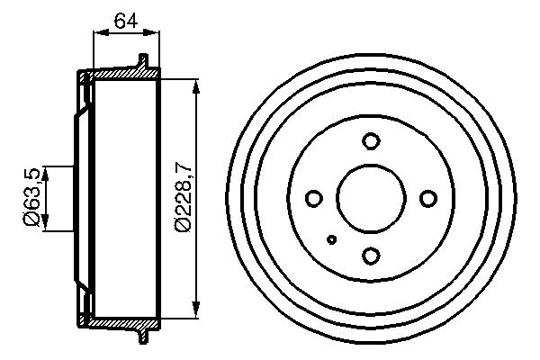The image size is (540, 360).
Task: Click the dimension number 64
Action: pos(126,21)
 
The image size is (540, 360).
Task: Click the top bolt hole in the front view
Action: pos(371,141)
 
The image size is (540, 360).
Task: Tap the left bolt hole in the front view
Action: pos(314,199)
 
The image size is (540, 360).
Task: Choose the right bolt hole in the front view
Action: pos(427,199)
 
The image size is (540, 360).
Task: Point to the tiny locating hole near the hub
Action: pos(333,239)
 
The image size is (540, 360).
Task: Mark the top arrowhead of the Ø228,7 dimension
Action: pos(196,85)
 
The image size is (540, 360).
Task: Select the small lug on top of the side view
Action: pos(141,61)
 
